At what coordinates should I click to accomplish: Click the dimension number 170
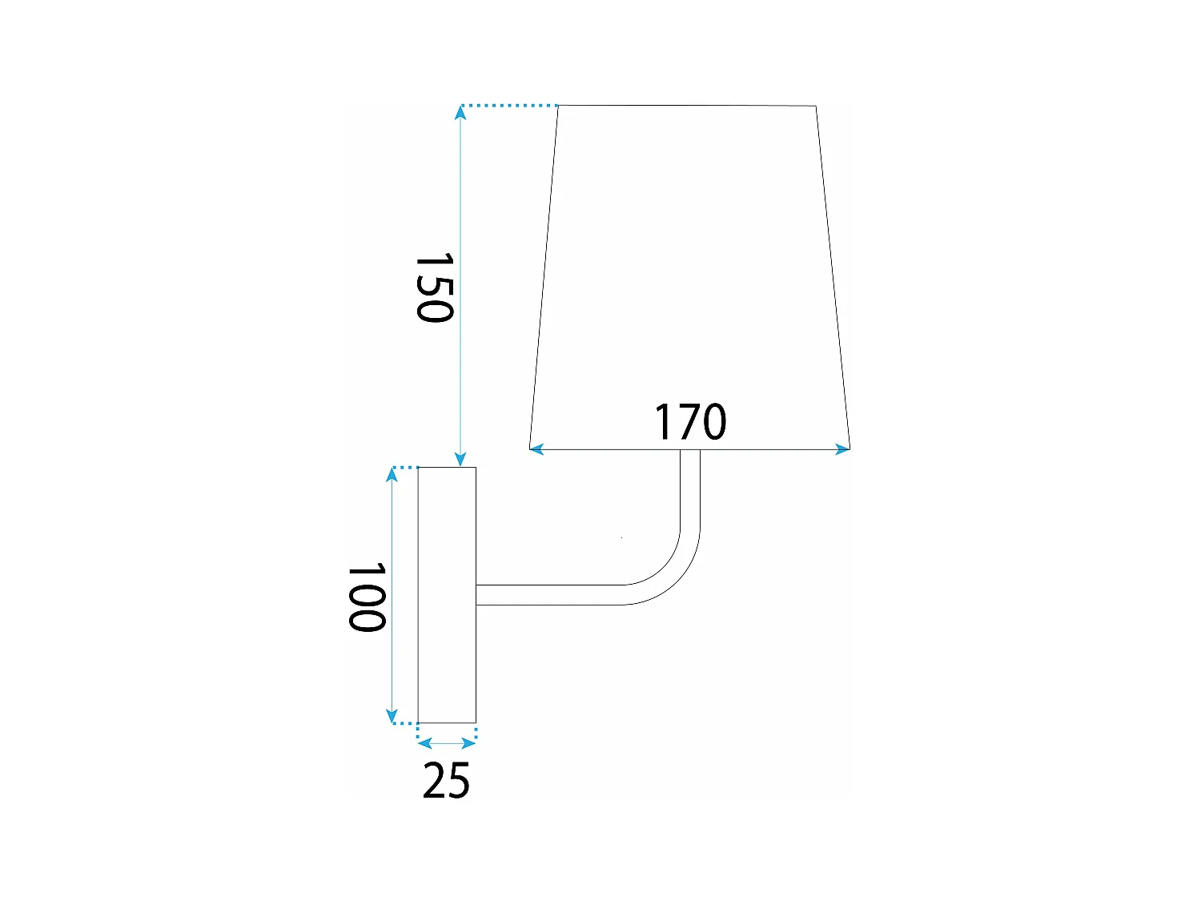point(690,422)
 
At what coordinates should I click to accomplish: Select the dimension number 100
point(368,597)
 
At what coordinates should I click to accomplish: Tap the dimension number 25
point(446,780)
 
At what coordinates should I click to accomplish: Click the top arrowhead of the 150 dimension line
point(460,112)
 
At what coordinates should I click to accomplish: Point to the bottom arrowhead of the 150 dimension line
point(460,460)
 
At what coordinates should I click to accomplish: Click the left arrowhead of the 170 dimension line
point(536,449)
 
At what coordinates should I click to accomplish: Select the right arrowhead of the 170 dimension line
point(842,449)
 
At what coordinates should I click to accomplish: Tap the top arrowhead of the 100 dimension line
point(392,474)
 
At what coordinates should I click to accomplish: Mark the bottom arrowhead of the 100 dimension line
point(392,716)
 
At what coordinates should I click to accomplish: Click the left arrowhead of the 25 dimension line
point(425,743)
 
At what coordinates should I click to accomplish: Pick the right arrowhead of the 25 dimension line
point(469,743)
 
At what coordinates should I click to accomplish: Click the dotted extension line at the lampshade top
point(509,106)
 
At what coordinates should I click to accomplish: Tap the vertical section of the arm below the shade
point(690,489)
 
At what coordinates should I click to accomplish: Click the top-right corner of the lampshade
point(816,106)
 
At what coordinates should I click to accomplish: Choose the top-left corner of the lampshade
point(558,106)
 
